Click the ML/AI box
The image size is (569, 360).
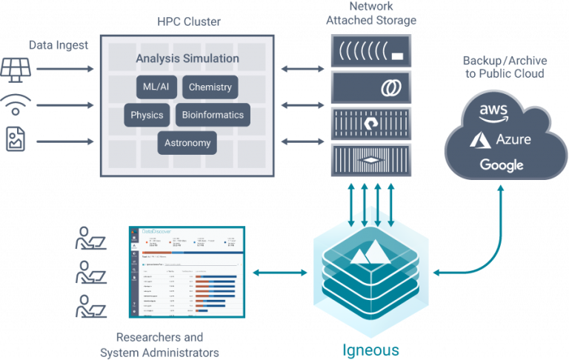click(156, 87)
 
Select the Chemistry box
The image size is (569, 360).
click(210, 87)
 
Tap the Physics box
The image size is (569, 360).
click(147, 115)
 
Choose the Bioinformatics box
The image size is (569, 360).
click(212, 115)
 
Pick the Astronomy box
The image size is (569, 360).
click(187, 143)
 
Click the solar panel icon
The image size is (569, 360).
click(15, 68)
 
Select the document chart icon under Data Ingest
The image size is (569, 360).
click(15, 139)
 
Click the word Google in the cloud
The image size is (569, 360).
click(501, 165)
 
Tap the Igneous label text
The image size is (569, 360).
click(370, 349)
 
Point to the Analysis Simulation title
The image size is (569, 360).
click(187, 58)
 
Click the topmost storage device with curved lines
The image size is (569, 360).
click(370, 52)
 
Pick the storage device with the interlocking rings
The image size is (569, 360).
click(370, 87)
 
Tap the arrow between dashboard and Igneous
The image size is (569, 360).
click(279, 273)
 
